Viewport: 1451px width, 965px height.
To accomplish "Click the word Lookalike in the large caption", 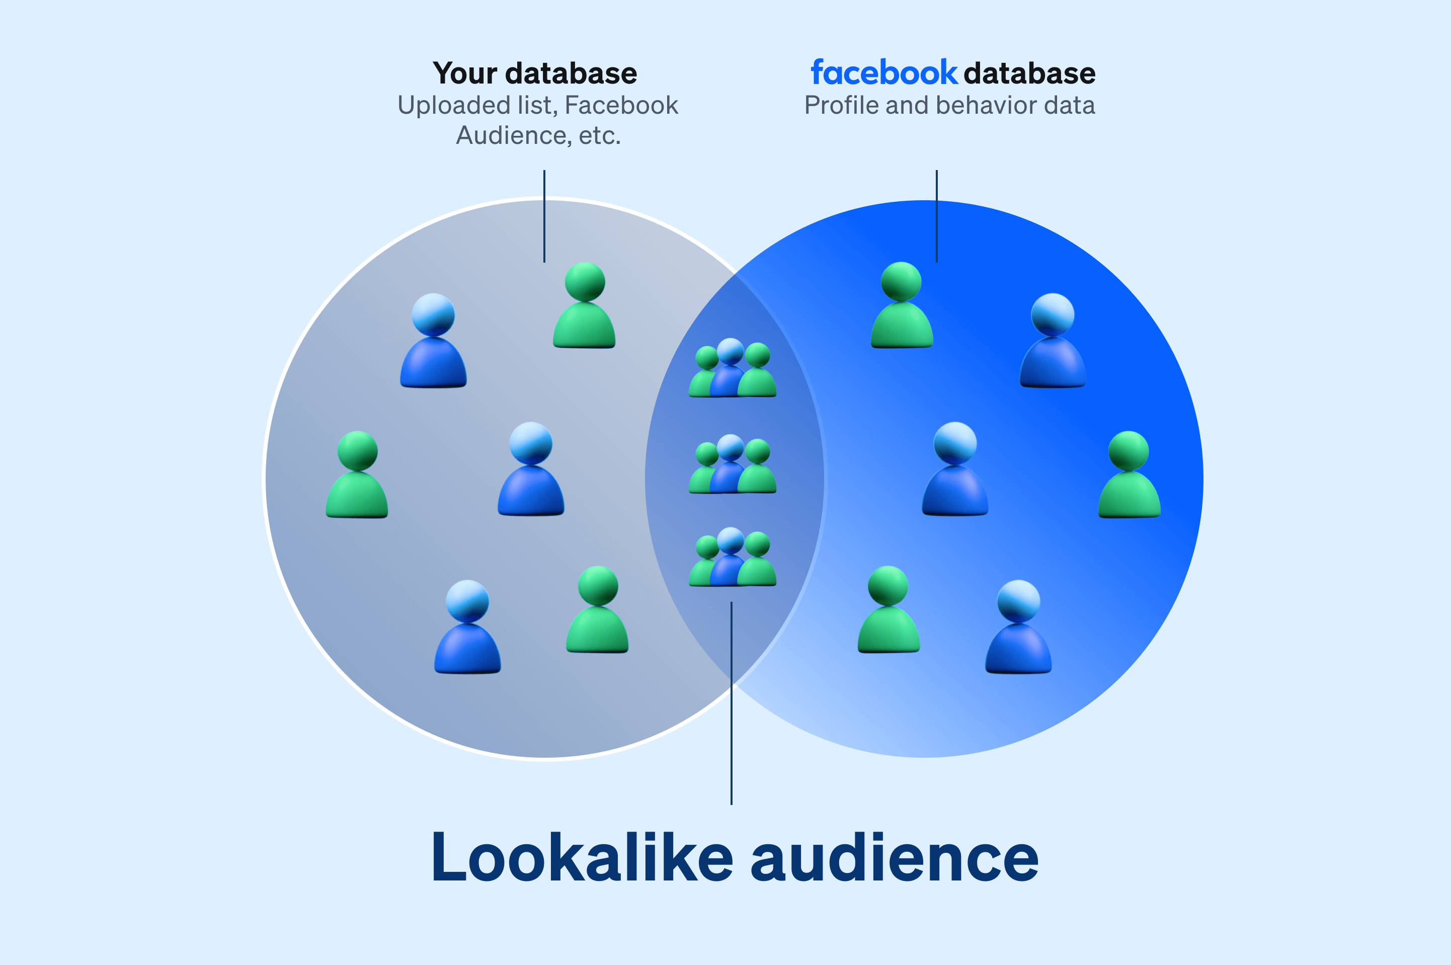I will point(582,857).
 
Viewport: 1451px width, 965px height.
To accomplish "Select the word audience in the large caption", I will point(894,857).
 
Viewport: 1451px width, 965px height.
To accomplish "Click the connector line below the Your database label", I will point(544,215).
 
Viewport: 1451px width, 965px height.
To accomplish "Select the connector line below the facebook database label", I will point(937,215).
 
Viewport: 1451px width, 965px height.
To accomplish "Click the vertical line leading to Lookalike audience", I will point(731,701).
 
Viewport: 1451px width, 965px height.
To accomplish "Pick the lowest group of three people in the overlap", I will point(732,557).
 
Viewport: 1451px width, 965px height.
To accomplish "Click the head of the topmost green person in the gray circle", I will point(585,282).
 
